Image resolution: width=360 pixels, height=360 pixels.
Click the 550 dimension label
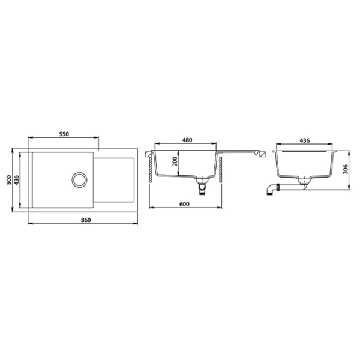coord(64,134)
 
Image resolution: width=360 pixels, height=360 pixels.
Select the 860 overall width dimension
coord(86,220)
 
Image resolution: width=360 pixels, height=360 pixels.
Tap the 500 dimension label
coord(9,180)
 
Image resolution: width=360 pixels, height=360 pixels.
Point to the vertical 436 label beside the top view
coord(17,180)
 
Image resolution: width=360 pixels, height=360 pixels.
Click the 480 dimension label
coord(187,140)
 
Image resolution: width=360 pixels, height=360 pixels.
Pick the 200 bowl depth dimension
coord(175,161)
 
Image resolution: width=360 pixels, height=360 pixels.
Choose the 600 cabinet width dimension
coord(184,204)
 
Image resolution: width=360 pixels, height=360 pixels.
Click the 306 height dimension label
coord(346,169)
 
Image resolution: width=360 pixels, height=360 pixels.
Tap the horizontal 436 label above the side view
coord(305,140)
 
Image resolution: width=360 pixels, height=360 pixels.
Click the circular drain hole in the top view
coord(79,180)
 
